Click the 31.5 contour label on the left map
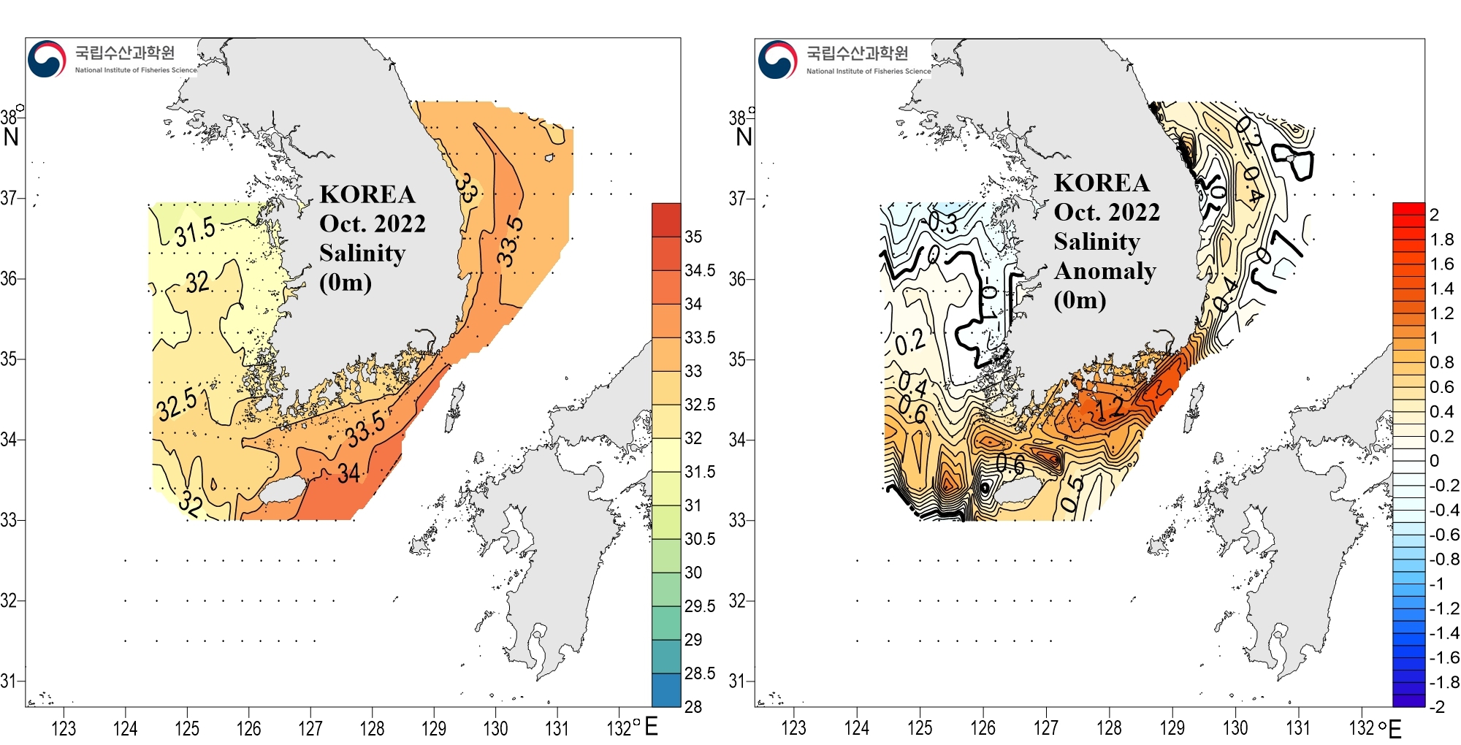point(195,232)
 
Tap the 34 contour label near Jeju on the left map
point(349,473)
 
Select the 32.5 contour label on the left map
point(177,405)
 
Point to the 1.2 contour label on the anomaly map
point(1110,409)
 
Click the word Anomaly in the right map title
point(1105,271)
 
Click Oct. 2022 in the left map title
point(373,223)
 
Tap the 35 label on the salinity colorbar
point(693,237)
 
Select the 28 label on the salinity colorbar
point(693,706)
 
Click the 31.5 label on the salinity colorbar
point(700,472)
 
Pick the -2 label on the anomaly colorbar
point(1436,706)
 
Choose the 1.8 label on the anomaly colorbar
point(1441,240)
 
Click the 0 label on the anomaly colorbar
point(1434,461)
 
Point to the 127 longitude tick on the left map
point(310,728)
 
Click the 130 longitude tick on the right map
point(1235,728)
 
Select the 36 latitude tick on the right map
point(737,279)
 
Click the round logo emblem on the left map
point(47,59)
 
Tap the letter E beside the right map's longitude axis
point(1395,729)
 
